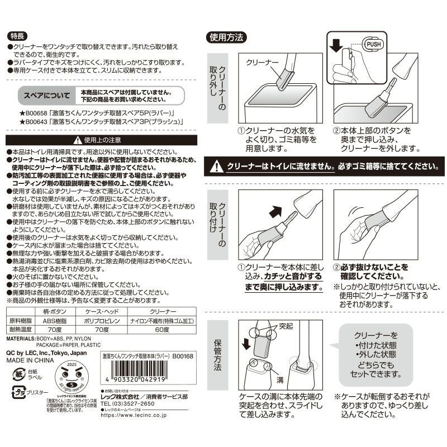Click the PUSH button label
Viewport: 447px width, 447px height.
coord(373,44)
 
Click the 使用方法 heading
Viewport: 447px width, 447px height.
coord(226,37)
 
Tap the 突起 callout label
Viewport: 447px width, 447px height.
coord(286,325)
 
